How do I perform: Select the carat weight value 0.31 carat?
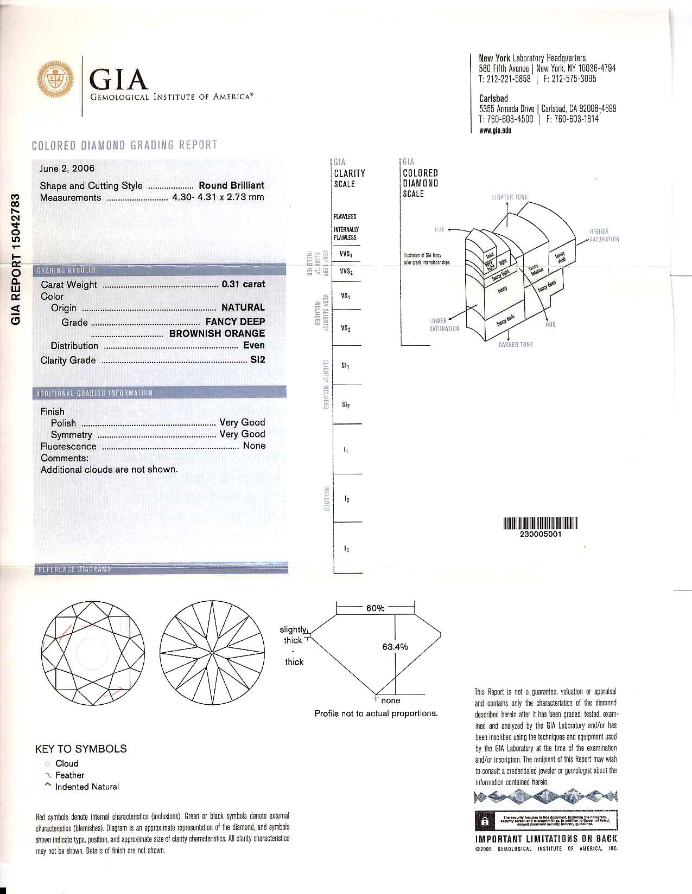coord(243,284)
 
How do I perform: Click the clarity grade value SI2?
coord(257,360)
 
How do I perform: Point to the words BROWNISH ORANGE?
coord(217,333)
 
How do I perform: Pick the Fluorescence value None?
coord(254,446)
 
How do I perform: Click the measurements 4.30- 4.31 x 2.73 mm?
coord(218,197)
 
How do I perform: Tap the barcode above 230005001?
coord(540,523)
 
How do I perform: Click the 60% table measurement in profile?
coord(375,608)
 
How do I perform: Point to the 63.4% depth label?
coord(395,647)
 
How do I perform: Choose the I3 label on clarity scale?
coord(346,549)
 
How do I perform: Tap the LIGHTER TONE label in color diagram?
coord(509,197)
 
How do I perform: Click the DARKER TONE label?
coord(516,345)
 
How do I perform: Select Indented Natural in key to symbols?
coord(87,787)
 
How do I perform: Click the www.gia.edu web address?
coord(495,130)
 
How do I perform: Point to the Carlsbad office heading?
coord(493,99)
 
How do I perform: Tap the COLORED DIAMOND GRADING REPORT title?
coord(125,145)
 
